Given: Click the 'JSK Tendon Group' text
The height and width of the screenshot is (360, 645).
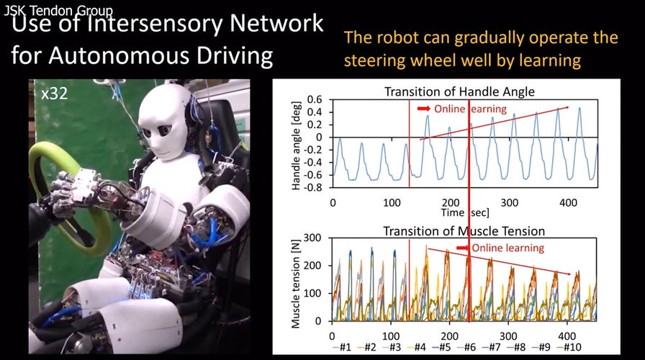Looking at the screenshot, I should [x=58, y=11].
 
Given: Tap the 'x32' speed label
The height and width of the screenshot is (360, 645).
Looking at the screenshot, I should [x=55, y=94].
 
